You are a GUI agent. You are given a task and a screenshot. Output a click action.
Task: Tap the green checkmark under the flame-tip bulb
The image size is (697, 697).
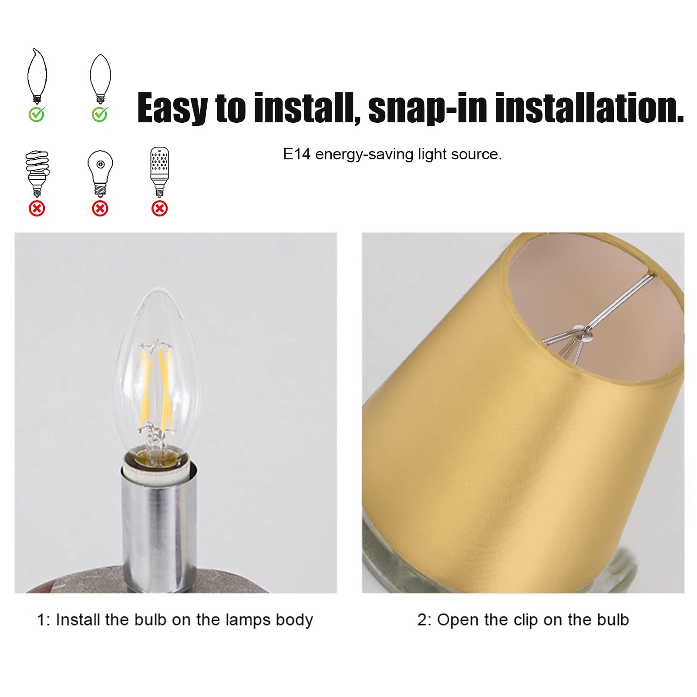click(x=37, y=114)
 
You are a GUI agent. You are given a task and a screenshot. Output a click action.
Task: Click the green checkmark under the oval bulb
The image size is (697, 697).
click(x=100, y=114)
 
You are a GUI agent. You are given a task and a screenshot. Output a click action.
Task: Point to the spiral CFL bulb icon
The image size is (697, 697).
click(x=37, y=173)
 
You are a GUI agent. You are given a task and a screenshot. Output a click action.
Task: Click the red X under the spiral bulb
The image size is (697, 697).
click(x=37, y=209)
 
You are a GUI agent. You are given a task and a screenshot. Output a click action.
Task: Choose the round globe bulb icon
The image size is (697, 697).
click(x=100, y=172)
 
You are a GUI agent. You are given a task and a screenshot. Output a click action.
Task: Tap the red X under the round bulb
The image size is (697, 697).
click(x=100, y=209)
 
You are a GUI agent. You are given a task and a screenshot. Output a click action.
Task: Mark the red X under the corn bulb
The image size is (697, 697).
click(x=159, y=209)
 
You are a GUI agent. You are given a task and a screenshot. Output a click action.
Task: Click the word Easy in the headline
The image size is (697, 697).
click(x=172, y=109)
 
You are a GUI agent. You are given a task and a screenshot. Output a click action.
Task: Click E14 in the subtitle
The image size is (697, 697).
click(x=296, y=155)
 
